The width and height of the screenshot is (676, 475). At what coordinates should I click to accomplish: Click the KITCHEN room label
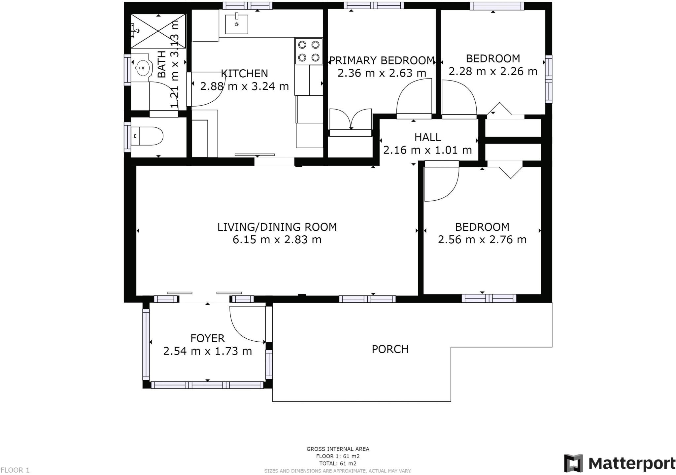pyautogui.click(x=244, y=73)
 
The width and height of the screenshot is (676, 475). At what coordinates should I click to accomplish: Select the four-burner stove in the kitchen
pyautogui.click(x=308, y=51)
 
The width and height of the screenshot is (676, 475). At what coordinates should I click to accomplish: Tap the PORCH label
pyautogui.click(x=390, y=349)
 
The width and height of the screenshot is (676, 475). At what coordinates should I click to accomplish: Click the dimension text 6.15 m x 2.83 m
pyautogui.click(x=277, y=240)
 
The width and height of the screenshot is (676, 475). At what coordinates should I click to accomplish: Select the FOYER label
pyautogui.click(x=207, y=338)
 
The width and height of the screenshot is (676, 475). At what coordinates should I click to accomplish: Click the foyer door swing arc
pyautogui.click(x=244, y=327)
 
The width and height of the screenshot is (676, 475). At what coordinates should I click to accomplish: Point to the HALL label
pyautogui.click(x=427, y=137)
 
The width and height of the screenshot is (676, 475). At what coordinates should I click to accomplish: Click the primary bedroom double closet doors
pyautogui.click(x=351, y=119)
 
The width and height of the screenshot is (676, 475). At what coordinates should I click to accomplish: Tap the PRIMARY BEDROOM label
pyautogui.click(x=382, y=60)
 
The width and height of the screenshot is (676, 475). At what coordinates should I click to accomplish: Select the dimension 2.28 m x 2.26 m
pyautogui.click(x=492, y=71)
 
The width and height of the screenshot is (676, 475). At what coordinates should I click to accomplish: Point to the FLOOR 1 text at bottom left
pyautogui.click(x=15, y=470)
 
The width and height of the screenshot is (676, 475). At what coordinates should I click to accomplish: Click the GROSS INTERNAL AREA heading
pyautogui.click(x=338, y=449)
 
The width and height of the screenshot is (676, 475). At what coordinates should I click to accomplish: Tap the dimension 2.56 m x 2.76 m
pyautogui.click(x=482, y=240)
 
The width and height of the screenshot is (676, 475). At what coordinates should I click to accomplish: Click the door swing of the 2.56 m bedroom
pyautogui.click(x=441, y=185)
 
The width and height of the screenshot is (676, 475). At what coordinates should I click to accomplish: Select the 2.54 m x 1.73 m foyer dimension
pyautogui.click(x=207, y=351)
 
